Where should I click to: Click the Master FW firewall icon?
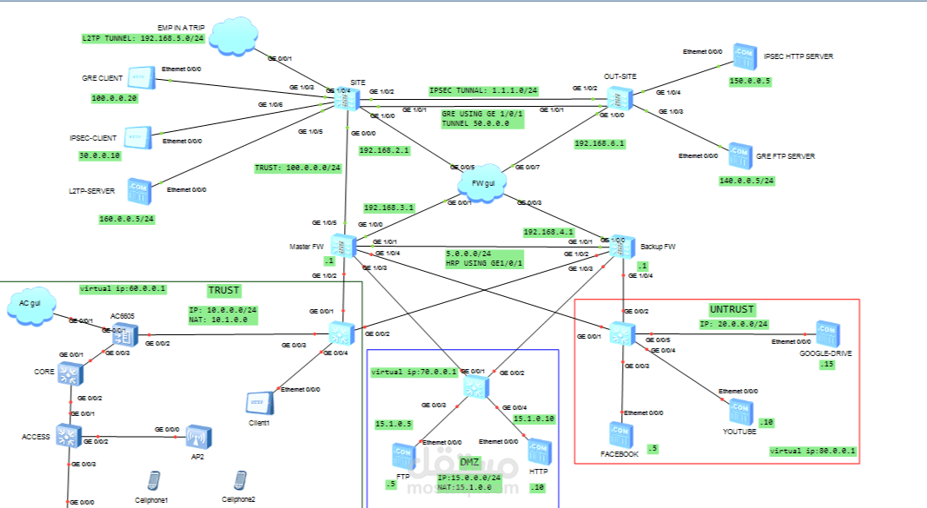tap(344, 246)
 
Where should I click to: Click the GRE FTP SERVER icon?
tap(739, 156)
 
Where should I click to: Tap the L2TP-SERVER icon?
tap(138, 190)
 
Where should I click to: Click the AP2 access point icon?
tap(198, 436)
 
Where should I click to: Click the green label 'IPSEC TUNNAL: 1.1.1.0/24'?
tap(483, 90)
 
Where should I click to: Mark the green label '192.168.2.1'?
tap(384, 149)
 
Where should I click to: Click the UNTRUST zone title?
tap(732, 309)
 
